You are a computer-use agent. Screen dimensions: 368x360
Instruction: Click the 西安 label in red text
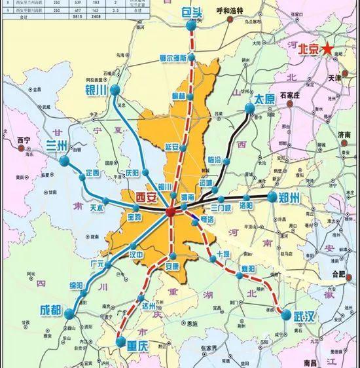pyautogui.click(x=146, y=196)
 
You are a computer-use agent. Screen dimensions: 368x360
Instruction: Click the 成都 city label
pyautogui.click(x=52, y=310)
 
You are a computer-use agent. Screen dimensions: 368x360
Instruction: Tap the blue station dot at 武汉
pyautogui.click(x=285, y=315)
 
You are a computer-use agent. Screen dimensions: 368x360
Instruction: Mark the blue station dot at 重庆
pyautogui.click(x=120, y=341)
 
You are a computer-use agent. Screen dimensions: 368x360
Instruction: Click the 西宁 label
pyautogui.click(x=24, y=140)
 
